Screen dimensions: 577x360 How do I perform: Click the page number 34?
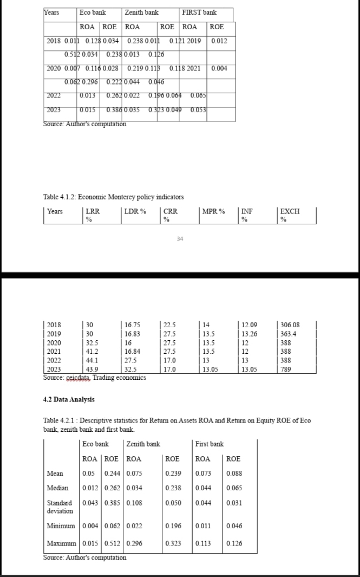click(180, 238)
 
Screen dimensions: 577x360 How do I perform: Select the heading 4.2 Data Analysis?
click(69, 399)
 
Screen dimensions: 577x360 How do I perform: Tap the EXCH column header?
click(290, 212)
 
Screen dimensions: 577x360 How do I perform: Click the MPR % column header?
click(213, 212)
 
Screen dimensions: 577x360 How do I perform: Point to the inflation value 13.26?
click(250, 334)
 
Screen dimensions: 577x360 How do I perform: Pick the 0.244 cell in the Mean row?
click(112, 474)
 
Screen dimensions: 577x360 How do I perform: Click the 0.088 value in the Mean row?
click(234, 474)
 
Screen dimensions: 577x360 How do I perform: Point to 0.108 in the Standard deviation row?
click(134, 503)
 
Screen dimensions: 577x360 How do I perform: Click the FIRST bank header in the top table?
click(199, 12)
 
